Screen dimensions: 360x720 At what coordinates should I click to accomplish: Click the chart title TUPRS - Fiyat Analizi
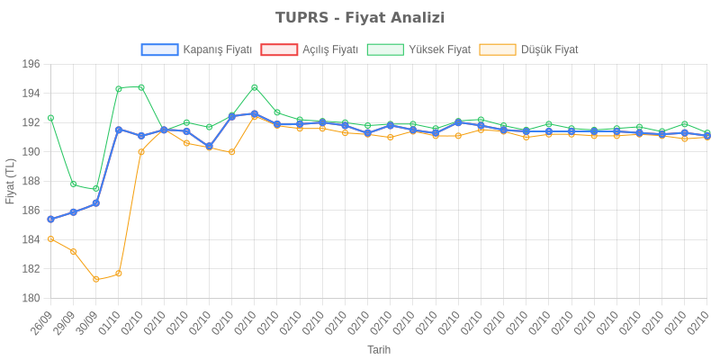click(360, 18)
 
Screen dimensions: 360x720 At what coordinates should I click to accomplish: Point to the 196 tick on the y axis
click(31, 65)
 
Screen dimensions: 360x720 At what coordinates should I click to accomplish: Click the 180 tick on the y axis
click(31, 298)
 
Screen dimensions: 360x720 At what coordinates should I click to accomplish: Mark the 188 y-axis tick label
click(31, 182)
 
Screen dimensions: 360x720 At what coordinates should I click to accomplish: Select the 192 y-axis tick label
click(31, 123)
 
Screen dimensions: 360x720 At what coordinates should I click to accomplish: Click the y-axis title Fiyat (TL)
click(10, 181)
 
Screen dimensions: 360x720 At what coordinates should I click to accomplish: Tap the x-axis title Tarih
click(379, 348)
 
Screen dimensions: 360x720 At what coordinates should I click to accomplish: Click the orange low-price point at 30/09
click(95, 279)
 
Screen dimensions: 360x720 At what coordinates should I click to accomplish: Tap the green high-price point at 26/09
click(50, 118)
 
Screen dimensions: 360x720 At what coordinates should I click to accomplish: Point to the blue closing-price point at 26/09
click(50, 219)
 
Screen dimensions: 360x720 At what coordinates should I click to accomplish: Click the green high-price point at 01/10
click(118, 88)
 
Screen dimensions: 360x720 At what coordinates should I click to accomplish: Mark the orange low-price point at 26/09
click(50, 238)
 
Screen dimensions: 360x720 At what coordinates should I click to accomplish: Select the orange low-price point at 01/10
click(118, 274)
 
